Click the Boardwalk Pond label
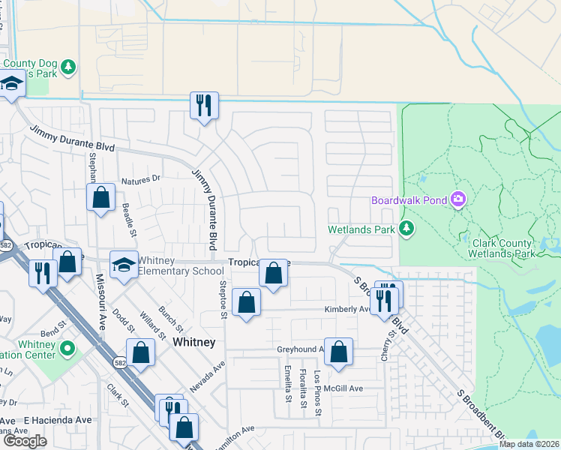tap(409, 199)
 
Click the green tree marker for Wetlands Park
tap(406, 228)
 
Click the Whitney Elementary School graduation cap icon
tap(123, 264)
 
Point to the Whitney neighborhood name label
tap(193, 342)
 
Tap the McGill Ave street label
tap(343, 388)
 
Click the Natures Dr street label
tap(140, 179)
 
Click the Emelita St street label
tap(288, 382)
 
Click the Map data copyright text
tap(529, 444)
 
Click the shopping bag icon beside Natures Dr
tap(101, 199)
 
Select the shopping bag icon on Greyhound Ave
tap(339, 352)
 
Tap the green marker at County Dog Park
tap(69, 67)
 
